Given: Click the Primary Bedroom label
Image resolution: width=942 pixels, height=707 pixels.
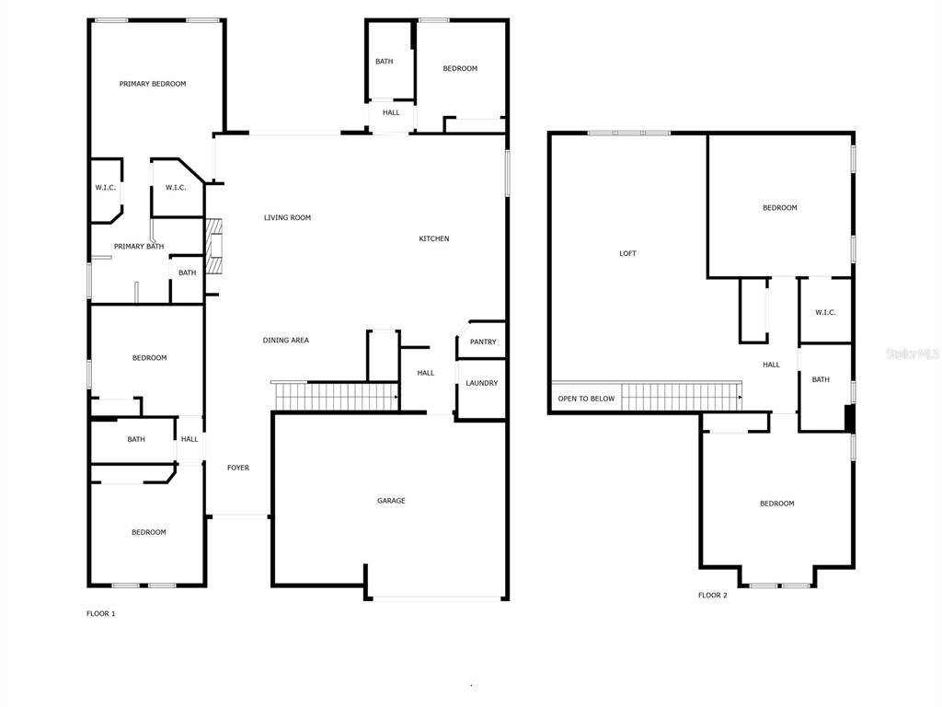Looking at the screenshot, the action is pos(153,84).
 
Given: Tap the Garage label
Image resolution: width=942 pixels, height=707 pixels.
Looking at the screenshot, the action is pos(391,500).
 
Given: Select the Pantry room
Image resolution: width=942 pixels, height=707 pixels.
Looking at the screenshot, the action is pos(481,341).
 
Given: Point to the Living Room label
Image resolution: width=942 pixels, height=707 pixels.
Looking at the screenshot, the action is pos(287,217).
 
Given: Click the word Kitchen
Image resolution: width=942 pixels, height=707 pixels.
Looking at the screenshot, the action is pos(434,238).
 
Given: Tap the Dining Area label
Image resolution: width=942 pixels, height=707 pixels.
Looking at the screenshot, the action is pos(286,341).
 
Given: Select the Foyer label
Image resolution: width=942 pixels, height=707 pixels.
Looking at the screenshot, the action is pos(238,468).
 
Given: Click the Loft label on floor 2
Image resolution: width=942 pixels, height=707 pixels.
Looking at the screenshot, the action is pos(627,254).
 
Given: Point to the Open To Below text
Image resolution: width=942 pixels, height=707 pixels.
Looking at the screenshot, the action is pos(586,399).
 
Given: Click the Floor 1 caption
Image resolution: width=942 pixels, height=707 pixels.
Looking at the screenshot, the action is pos(101,614).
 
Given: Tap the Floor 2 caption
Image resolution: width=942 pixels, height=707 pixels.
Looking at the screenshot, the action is pos(713,596).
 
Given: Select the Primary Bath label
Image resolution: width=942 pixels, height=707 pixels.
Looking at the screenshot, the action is pos(139,247).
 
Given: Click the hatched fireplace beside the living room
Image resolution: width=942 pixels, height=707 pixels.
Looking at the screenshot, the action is pos(213,247).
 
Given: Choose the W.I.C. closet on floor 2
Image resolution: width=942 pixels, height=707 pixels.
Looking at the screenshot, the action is pos(825,311).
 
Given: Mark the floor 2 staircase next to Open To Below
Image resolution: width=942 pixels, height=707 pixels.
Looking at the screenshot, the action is pos(682,397).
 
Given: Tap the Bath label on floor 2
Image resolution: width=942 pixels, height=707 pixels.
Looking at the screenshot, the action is pos(821,380).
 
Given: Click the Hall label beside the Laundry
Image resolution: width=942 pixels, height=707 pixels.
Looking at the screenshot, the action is pos(426,374).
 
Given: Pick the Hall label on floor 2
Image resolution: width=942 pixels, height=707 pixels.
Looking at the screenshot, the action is pos(772,365).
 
